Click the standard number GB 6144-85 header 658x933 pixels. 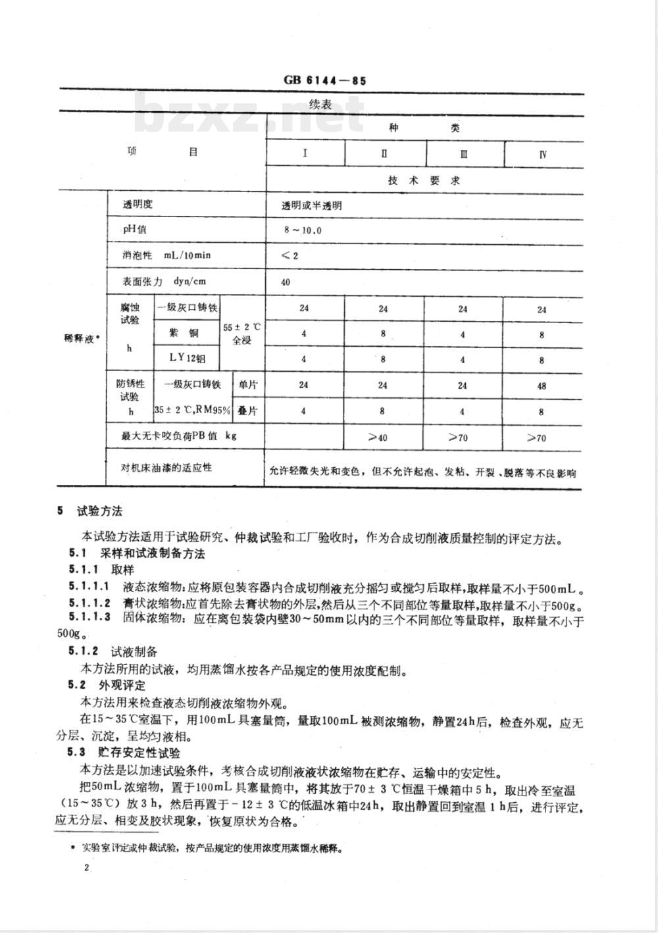(324, 82)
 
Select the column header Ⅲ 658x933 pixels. (464, 155)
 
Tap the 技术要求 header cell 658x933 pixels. (424, 180)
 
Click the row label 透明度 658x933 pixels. (138, 205)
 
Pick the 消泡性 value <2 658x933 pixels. (290, 255)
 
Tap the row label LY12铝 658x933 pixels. (187, 359)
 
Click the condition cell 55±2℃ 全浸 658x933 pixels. (242, 334)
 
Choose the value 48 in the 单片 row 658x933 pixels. (542, 386)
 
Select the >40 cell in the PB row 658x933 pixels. (382, 438)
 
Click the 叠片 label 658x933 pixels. (247, 411)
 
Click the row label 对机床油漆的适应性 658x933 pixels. (166, 468)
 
